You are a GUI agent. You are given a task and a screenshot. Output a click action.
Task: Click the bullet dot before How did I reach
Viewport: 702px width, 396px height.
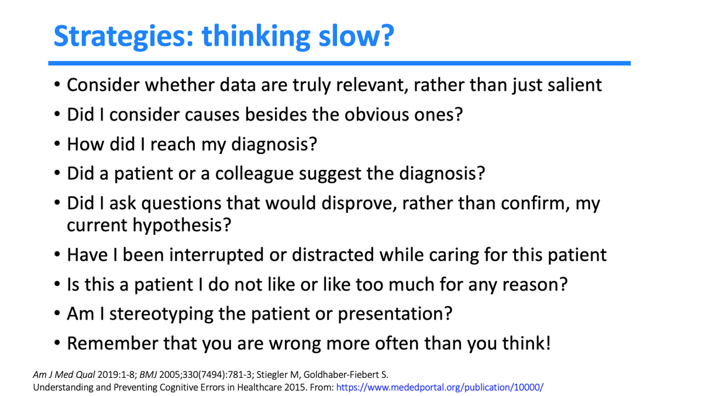tap(57, 144)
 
